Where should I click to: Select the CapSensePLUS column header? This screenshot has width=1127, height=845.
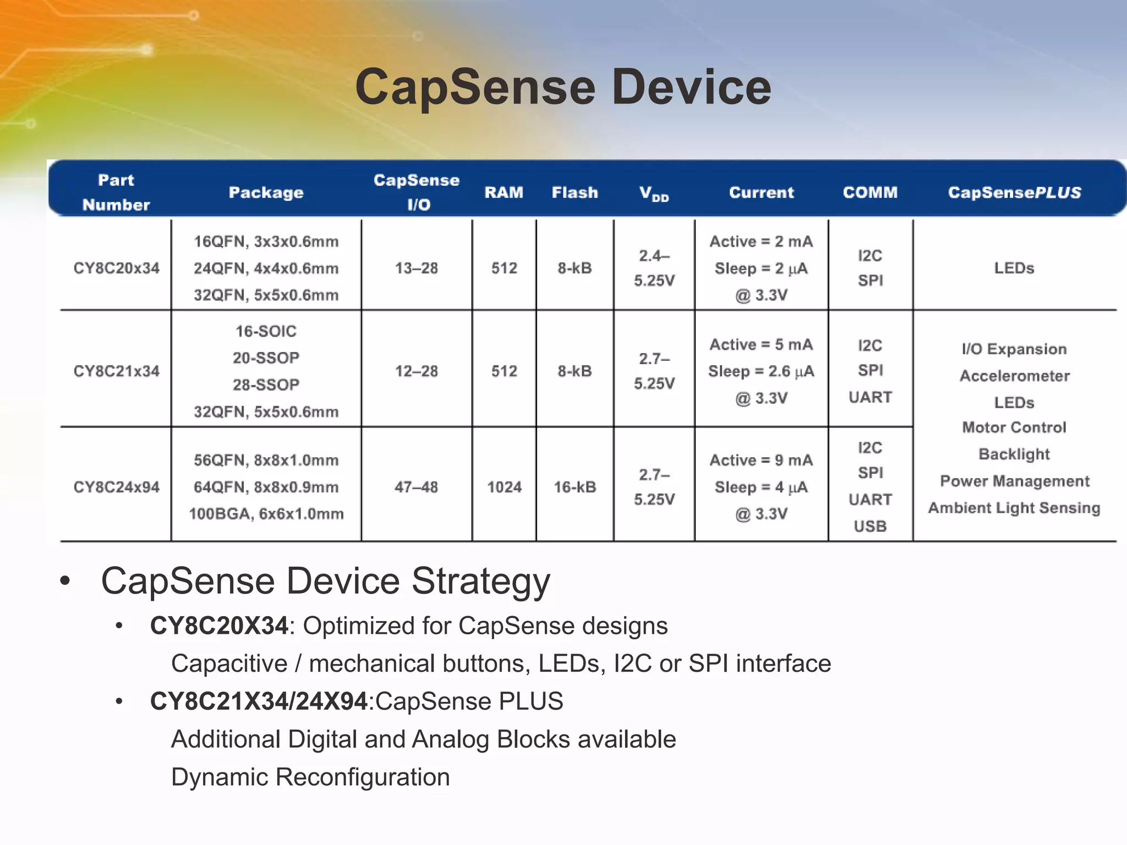1014,193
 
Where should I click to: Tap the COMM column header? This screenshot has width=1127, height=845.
870,193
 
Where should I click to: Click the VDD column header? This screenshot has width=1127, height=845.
654,193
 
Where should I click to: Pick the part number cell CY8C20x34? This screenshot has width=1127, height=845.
116,268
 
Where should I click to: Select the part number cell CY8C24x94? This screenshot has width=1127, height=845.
116,487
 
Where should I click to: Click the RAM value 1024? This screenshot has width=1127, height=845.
504,487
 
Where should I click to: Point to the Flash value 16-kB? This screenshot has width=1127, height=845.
575,487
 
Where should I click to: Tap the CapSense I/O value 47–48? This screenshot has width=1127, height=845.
416,487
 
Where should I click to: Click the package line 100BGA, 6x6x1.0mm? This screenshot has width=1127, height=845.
266,514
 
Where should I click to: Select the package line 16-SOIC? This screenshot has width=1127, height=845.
266,331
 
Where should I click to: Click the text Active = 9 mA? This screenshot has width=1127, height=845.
761,460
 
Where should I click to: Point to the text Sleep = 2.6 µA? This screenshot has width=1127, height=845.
761,371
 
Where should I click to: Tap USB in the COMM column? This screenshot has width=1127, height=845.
870,526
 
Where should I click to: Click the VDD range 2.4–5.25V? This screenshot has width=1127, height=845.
654,268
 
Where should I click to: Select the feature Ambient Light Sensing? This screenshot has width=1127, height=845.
1014,508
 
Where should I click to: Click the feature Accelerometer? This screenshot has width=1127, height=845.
1014,376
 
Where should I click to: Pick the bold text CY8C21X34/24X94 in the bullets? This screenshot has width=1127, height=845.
259,701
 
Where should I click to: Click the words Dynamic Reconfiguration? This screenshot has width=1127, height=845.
310,777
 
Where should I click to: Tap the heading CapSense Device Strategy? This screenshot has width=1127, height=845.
325,581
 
